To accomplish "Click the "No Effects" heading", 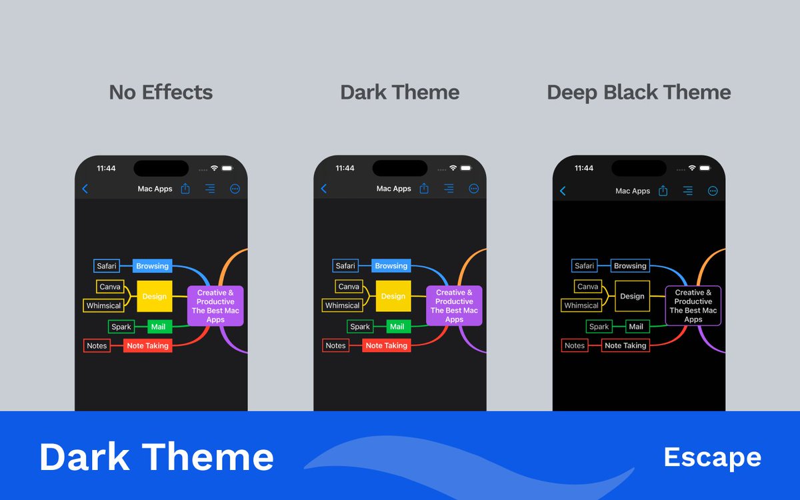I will point(161,92).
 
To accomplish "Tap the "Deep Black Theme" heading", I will point(639,92).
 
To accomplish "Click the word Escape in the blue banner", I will point(712,457).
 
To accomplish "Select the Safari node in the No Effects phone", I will point(107,266).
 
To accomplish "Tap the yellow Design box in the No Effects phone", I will point(155,296).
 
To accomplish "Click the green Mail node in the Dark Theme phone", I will point(397,327).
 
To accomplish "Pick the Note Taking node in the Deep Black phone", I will point(625,345).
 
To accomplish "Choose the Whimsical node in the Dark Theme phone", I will point(343,305).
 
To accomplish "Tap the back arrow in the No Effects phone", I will point(85,189).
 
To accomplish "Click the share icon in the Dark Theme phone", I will point(424,189).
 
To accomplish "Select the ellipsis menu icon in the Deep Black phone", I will point(713,191).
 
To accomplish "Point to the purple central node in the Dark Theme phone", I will point(454,306).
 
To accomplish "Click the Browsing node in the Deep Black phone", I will point(630,266).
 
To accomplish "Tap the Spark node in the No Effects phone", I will point(121,327).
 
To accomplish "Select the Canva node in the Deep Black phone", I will point(587,287).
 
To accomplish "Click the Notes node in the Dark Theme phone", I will point(336,345).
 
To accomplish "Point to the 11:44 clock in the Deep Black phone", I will point(583,169).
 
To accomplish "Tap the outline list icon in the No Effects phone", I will point(210,189).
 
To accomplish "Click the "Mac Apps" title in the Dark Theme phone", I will point(393,189).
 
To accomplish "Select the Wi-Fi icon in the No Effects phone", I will point(214,168).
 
